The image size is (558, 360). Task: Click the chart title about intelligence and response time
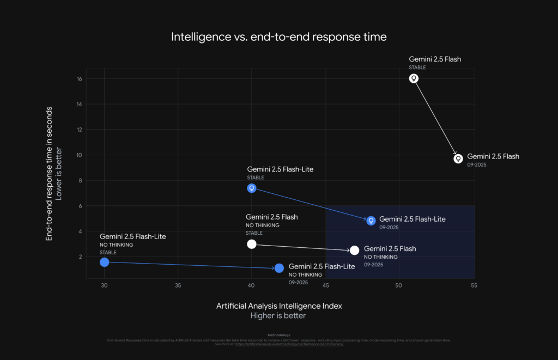(x=278, y=37)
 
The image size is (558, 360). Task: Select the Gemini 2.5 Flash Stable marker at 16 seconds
(x=414, y=78)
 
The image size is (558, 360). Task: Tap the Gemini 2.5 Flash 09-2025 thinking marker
(x=458, y=158)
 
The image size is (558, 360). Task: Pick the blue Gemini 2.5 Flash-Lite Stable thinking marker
(x=252, y=188)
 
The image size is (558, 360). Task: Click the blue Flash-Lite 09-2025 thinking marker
(x=371, y=221)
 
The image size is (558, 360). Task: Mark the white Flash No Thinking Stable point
(x=251, y=244)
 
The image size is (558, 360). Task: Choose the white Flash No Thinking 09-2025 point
(x=355, y=251)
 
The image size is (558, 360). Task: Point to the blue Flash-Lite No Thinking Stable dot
(x=105, y=263)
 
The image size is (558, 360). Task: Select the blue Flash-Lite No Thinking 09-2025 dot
(x=280, y=268)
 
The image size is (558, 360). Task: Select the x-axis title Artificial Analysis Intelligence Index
(x=279, y=306)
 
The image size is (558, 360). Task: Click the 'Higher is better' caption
(x=278, y=316)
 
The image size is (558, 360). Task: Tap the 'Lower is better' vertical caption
(x=59, y=173)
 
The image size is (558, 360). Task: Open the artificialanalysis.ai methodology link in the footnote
(x=289, y=344)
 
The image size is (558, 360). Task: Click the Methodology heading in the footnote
(x=279, y=335)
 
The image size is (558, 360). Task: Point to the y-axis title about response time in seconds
(x=49, y=173)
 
